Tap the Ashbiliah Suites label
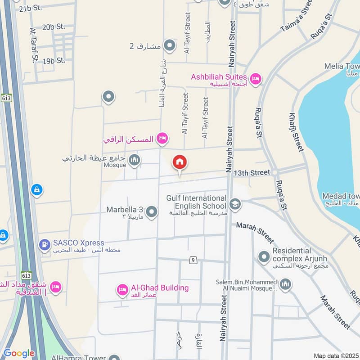tap(219, 77)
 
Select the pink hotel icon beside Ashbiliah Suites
tap(255, 79)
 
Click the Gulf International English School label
tap(196, 202)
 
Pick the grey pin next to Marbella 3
tap(152, 211)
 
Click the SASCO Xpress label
tap(78, 243)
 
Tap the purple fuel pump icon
tap(44, 245)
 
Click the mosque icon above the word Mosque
tap(134, 160)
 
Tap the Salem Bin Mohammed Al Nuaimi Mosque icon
tap(285, 284)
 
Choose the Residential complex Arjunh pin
tap(264, 257)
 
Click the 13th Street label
tap(252, 172)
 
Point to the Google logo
tap(19, 353)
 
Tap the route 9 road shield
tap(193, 260)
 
